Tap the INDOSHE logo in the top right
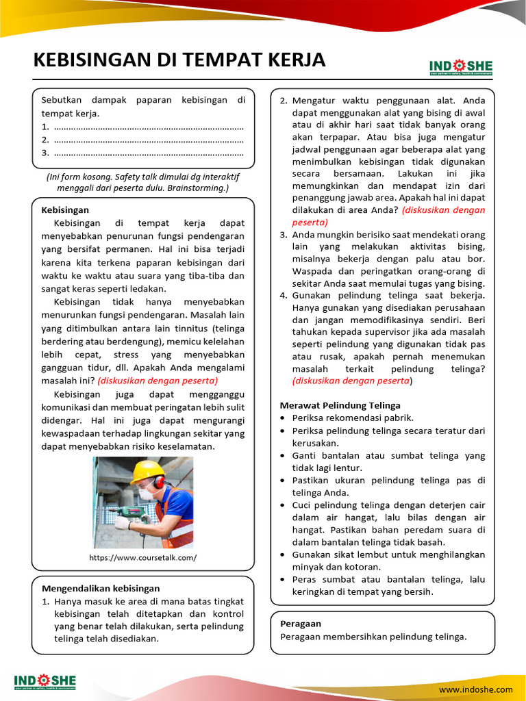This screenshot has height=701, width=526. pos(460,66)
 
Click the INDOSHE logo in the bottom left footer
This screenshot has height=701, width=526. pos(45,681)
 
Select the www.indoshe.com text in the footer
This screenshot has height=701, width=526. pos(475,689)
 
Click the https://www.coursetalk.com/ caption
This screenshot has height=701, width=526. pos(142,557)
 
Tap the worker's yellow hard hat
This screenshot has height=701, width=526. pos(147,471)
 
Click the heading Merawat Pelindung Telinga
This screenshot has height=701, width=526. pos(340,405)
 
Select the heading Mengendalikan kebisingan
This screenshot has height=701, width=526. pos(101,588)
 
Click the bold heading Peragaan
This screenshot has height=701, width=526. pos(301,624)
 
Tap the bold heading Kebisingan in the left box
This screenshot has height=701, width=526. pos(65,210)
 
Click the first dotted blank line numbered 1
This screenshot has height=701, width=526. pos(148,127)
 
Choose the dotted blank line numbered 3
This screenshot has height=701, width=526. pos(148,153)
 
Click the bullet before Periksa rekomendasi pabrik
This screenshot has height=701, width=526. pos(284,418)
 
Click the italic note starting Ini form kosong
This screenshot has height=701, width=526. pos(142,181)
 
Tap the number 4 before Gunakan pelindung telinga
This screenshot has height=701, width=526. pos(284,295)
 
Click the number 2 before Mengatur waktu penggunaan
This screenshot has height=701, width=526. pos(284,101)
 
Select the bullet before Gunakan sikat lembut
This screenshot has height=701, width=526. pos(284,555)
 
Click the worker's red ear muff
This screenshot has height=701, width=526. pos(159,482)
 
